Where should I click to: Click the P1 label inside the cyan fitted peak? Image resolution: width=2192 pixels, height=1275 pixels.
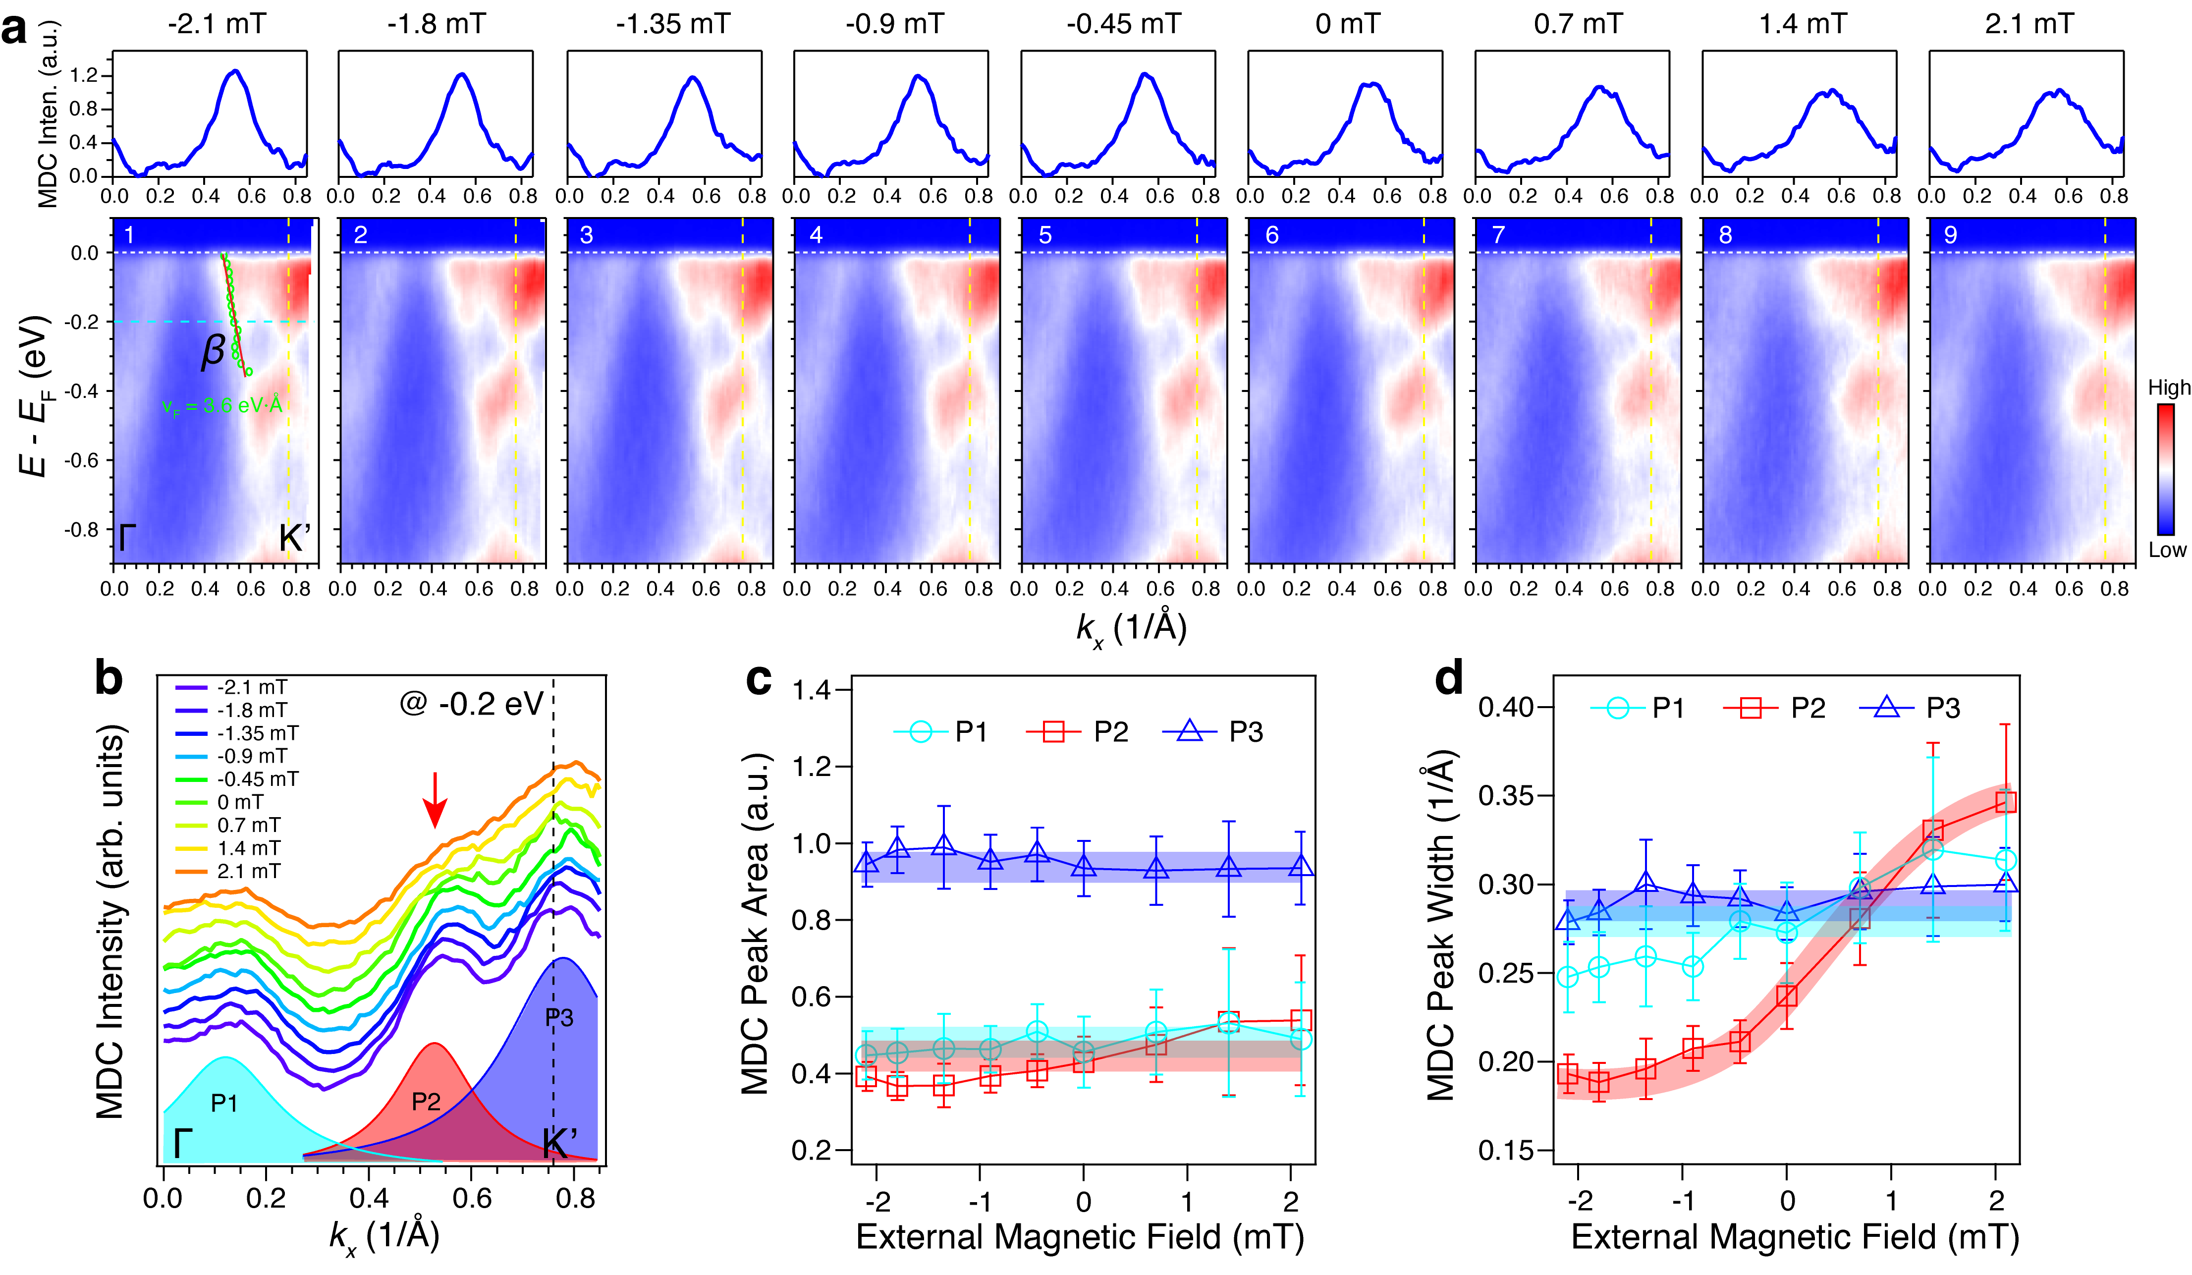224,1103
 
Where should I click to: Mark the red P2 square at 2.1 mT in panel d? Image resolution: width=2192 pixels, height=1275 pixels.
2005,801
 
